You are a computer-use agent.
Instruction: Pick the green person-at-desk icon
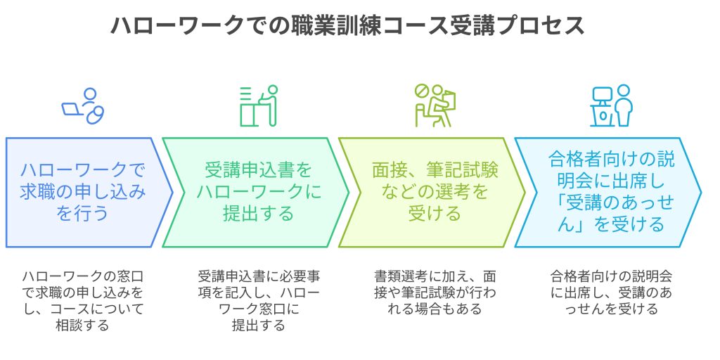click(x=258, y=105)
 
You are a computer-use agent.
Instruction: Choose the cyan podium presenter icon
click(x=610, y=105)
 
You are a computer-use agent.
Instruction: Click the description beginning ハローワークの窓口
click(x=83, y=290)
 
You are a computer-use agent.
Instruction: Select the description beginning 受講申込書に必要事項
click(x=259, y=300)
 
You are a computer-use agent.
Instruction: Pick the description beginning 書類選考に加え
click(x=435, y=290)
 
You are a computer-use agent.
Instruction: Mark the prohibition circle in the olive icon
click(x=421, y=92)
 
